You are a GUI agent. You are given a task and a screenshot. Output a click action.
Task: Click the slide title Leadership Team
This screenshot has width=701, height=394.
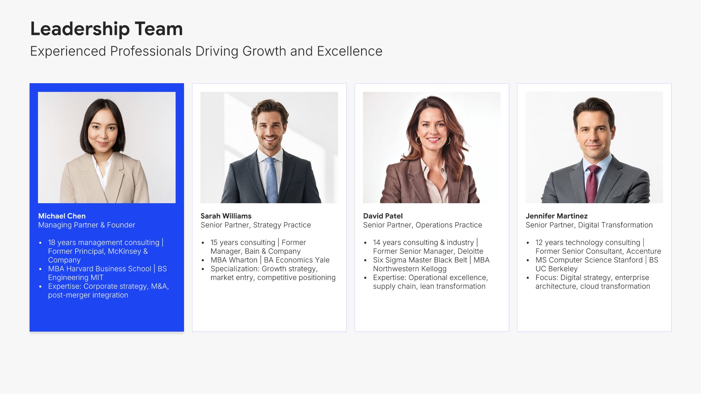point(106,29)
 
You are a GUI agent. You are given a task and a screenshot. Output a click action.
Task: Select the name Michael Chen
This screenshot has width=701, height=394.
point(62,216)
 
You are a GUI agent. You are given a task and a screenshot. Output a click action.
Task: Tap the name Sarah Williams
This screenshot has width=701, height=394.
point(226,216)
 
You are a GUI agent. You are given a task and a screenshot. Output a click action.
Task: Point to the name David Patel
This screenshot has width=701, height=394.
point(383,216)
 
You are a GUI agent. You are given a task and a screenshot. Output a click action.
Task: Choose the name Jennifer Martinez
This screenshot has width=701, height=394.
point(556,216)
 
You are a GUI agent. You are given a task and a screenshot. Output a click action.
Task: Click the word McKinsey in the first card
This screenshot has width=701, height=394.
point(125,251)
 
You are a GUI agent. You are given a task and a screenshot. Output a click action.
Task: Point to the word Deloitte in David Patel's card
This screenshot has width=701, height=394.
point(470,251)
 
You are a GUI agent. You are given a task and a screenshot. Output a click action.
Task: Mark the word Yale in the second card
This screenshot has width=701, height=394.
point(322,260)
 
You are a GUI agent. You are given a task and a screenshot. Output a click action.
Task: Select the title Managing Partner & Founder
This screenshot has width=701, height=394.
point(87,225)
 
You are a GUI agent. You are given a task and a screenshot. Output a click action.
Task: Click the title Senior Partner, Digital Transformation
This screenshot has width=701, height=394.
point(589,225)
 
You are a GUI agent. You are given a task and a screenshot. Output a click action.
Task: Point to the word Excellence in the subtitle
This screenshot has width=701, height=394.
point(350,51)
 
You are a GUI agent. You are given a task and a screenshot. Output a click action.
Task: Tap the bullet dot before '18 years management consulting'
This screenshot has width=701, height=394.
point(41,243)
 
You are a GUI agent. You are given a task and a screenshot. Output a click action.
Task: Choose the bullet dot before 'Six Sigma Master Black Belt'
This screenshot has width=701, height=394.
point(365,260)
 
